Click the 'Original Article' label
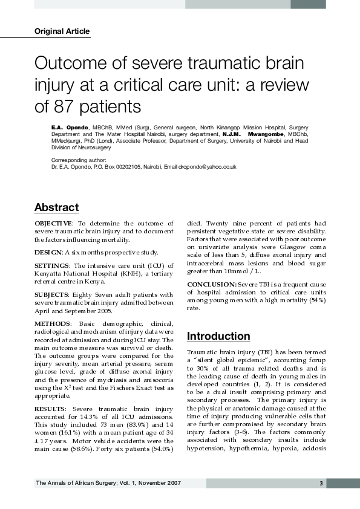[x=62, y=31]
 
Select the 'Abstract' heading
[x=56, y=207]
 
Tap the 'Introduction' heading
[x=218, y=336]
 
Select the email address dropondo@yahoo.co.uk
[x=206, y=166]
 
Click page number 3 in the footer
[x=320, y=483]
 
